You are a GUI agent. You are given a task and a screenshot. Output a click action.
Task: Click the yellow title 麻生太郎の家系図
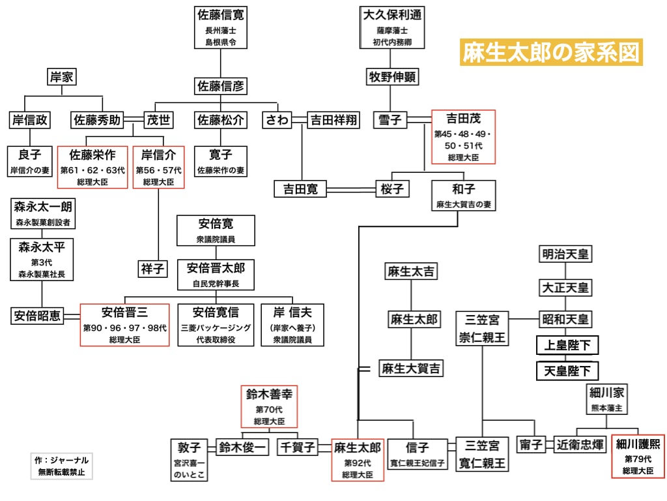[x=551, y=52]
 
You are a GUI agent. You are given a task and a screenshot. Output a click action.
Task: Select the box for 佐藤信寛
[x=220, y=27]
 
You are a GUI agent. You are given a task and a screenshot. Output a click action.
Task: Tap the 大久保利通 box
[x=391, y=27]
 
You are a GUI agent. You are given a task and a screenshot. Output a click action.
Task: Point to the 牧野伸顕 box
[x=392, y=77]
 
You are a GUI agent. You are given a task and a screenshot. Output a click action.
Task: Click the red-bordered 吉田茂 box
[x=463, y=137]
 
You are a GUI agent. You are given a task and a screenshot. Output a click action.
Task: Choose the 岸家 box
[x=62, y=77]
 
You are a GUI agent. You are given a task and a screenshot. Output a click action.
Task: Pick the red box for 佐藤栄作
[x=92, y=167]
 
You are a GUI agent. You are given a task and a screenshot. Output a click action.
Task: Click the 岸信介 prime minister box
[x=159, y=167]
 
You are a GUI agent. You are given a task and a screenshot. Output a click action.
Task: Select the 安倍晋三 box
[x=124, y=325]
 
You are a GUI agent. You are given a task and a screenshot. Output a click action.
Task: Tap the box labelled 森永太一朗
[x=43, y=213]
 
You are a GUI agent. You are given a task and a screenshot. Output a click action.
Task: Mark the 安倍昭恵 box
[x=37, y=316]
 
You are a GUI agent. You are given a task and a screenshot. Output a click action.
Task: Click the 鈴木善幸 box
[x=269, y=406]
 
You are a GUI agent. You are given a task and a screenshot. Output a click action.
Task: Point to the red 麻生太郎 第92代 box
[x=358, y=460]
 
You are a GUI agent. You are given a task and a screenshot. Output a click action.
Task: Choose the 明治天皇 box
[x=565, y=254]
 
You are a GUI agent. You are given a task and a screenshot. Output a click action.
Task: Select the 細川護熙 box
[x=638, y=456]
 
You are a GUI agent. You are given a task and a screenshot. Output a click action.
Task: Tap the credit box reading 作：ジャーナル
[x=62, y=466]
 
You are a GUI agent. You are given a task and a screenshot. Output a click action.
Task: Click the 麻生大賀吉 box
[x=411, y=368]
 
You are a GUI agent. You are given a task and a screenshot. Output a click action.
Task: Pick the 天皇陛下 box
[x=567, y=371]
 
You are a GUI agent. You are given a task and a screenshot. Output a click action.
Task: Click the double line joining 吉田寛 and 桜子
[x=351, y=189]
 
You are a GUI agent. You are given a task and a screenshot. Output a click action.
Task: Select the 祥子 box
[x=152, y=269]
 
